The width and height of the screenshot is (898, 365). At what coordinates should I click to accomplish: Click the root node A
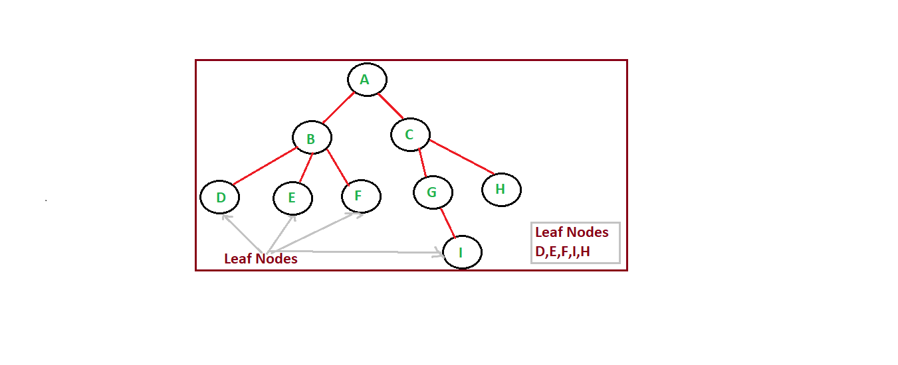[366, 80]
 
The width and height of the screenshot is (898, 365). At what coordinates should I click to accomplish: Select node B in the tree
[312, 138]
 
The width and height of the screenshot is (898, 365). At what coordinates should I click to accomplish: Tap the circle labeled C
[409, 135]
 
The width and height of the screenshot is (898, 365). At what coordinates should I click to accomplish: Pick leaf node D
[219, 197]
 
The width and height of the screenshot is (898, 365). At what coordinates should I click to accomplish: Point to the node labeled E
[292, 198]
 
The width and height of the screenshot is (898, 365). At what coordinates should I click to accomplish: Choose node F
[360, 196]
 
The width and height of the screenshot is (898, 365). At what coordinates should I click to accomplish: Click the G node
[433, 192]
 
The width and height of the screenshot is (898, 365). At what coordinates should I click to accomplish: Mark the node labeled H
[501, 190]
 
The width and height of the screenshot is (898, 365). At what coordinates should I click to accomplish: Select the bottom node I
[461, 253]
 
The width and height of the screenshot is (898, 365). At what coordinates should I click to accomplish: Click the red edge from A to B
[338, 108]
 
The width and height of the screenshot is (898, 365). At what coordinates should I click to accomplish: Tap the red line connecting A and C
[391, 107]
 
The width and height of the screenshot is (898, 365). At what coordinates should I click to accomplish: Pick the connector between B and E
[306, 168]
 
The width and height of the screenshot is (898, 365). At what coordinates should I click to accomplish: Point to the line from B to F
[337, 166]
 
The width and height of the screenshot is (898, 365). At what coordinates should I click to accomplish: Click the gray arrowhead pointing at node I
[440, 252]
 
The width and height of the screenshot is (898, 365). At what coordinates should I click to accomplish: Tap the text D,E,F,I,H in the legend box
[562, 252]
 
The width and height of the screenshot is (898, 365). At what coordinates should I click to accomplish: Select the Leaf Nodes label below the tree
[261, 259]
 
